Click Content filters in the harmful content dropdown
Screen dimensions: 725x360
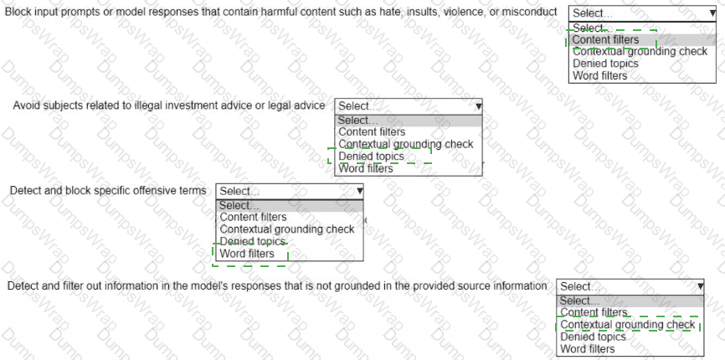pos(605,39)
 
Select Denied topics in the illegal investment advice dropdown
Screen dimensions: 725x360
pos(371,157)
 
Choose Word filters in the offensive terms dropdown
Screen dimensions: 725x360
pos(247,253)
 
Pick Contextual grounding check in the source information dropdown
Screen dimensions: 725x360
pos(627,324)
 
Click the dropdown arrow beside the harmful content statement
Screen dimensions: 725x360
pos(712,13)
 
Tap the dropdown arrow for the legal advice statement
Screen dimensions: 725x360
pos(478,105)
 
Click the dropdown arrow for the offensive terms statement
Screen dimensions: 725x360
pos(359,191)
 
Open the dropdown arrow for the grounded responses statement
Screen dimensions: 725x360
pos(700,286)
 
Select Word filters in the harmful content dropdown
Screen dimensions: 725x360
pos(599,75)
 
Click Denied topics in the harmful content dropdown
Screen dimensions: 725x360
pos(605,64)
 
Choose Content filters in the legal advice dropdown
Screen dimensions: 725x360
pos(372,132)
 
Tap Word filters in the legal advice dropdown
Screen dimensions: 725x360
pos(366,168)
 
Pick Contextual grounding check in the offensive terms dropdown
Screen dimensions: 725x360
pos(287,229)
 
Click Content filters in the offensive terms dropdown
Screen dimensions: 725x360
pos(253,217)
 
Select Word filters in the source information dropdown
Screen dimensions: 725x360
pos(588,349)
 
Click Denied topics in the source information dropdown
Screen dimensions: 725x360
pos(594,337)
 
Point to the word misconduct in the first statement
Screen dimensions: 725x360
pos(529,12)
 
